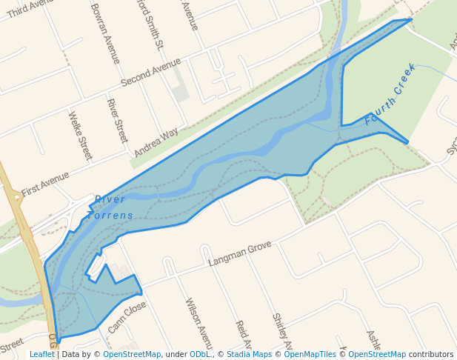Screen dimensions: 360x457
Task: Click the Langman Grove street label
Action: click(240, 253)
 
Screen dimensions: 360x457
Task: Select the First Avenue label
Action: click(45, 183)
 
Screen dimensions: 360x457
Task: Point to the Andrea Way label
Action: click(156, 142)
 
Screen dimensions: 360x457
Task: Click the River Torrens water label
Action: click(112, 207)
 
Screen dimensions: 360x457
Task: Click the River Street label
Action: click(117, 121)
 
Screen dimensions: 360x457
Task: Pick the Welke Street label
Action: click(80, 136)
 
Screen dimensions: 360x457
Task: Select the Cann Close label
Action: click(127, 317)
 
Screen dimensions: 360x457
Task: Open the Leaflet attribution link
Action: click(41, 354)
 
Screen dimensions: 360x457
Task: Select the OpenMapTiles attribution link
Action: click(310, 354)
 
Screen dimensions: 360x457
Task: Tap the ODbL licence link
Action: click(201, 354)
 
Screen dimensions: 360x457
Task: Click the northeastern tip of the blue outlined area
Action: click(410, 20)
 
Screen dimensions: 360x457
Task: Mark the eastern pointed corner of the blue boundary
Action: click(407, 142)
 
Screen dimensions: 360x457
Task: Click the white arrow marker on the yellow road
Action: click(16, 197)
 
